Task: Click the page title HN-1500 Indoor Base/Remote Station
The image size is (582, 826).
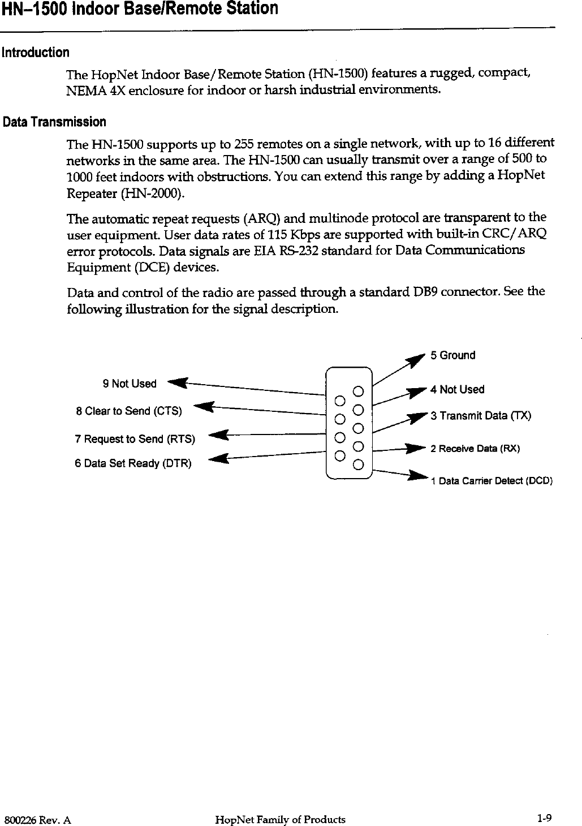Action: coord(139,9)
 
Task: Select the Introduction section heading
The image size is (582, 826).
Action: coord(35,53)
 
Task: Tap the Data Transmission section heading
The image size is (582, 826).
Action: coord(54,122)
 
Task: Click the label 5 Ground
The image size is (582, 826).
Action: coord(452,355)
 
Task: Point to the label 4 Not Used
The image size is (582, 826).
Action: coord(457,389)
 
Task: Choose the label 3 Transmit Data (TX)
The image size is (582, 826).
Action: coord(480,416)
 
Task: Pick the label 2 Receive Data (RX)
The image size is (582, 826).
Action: coord(475,449)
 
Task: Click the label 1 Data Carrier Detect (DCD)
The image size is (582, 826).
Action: coord(491,481)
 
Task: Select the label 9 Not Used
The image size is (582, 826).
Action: coord(130,384)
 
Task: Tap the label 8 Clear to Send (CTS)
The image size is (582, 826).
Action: coord(129,411)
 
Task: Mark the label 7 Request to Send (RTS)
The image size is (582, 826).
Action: coord(135,439)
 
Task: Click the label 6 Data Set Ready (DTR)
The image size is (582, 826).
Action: coord(133,464)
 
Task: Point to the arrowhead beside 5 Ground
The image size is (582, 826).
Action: coord(419,359)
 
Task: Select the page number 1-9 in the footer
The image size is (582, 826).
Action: coord(545,818)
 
